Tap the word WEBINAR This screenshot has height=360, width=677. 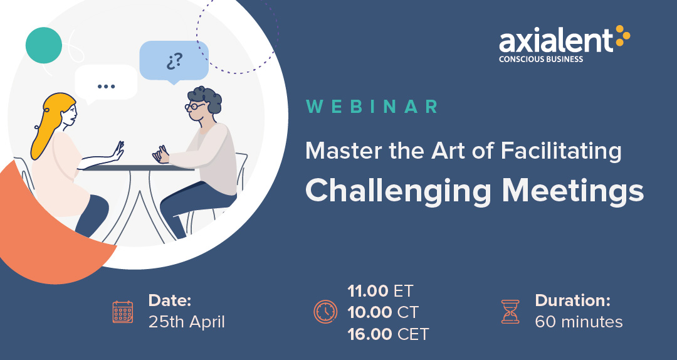[x=372, y=107]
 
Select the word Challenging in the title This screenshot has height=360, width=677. [x=397, y=191]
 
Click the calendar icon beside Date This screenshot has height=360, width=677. [x=123, y=312]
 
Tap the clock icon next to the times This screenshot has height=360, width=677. [x=325, y=312]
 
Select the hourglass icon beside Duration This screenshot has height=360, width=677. [x=510, y=312]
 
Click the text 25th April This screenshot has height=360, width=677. [x=187, y=322]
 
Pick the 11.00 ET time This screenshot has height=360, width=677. [x=380, y=291]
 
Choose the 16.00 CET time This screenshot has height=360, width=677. [x=388, y=334]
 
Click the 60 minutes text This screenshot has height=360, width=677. [x=579, y=322]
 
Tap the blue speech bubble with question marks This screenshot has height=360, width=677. [x=174, y=62]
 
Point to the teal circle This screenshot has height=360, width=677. [x=44, y=45]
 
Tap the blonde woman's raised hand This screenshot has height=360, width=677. [x=118, y=151]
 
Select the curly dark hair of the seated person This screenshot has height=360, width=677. [x=206, y=98]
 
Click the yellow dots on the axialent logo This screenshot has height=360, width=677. [x=622, y=36]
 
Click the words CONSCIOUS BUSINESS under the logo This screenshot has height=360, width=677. [x=541, y=59]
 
